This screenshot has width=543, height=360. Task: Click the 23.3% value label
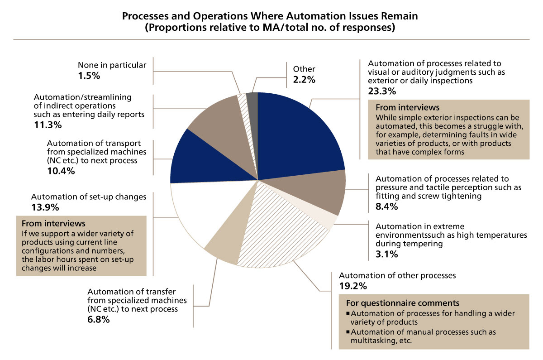pyautogui.click(x=381, y=91)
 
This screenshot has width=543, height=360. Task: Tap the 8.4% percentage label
pyautogui.click(x=386, y=207)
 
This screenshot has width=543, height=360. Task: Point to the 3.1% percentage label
pyautogui.click(x=386, y=254)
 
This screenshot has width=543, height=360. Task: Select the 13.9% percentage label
pyautogui.click(x=43, y=207)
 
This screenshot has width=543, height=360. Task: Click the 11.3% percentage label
pyautogui.click(x=48, y=125)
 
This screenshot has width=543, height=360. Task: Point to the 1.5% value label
pyautogui.click(x=89, y=76)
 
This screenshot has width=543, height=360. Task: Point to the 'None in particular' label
pyautogui.click(x=112, y=65)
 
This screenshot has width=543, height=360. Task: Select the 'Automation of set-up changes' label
pyautogui.click(x=89, y=197)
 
